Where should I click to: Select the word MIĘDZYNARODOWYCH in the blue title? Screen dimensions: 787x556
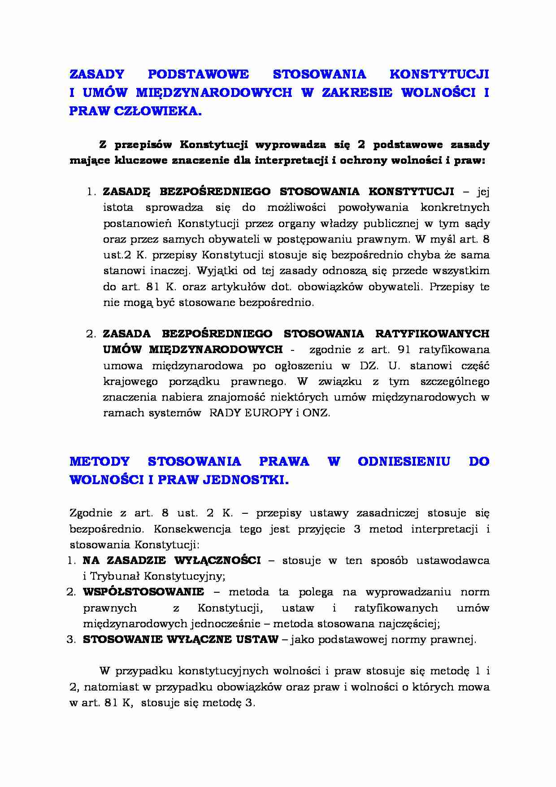click(x=208, y=93)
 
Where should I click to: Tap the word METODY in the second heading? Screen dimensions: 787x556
click(x=100, y=462)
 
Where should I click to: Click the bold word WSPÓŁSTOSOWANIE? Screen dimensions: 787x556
click(x=143, y=592)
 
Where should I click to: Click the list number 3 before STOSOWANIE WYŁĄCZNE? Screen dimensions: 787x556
click(x=71, y=639)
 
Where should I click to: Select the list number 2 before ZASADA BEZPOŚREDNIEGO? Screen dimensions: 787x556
click(x=90, y=334)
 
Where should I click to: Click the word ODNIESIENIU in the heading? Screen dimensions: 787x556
click(x=404, y=462)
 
